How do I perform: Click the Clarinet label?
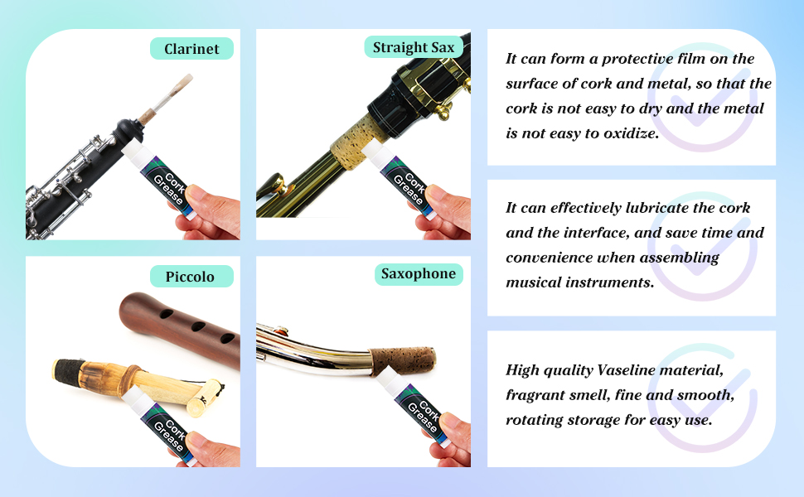coord(191,49)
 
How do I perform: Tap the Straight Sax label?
coord(414,47)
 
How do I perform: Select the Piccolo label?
coord(191,276)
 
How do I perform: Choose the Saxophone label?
coord(419,273)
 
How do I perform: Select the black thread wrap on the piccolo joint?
coord(68,370)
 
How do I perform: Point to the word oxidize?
coord(631,133)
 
